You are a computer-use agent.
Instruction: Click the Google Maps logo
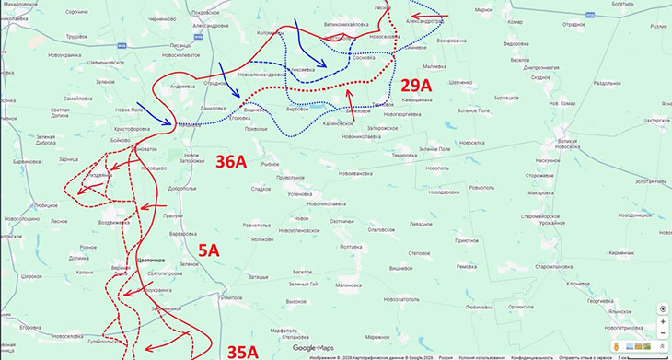point(316,348)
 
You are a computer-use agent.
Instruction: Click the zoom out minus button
point(663,335)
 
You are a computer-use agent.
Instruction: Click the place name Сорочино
point(76,12)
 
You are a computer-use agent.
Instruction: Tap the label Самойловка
point(77,98)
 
